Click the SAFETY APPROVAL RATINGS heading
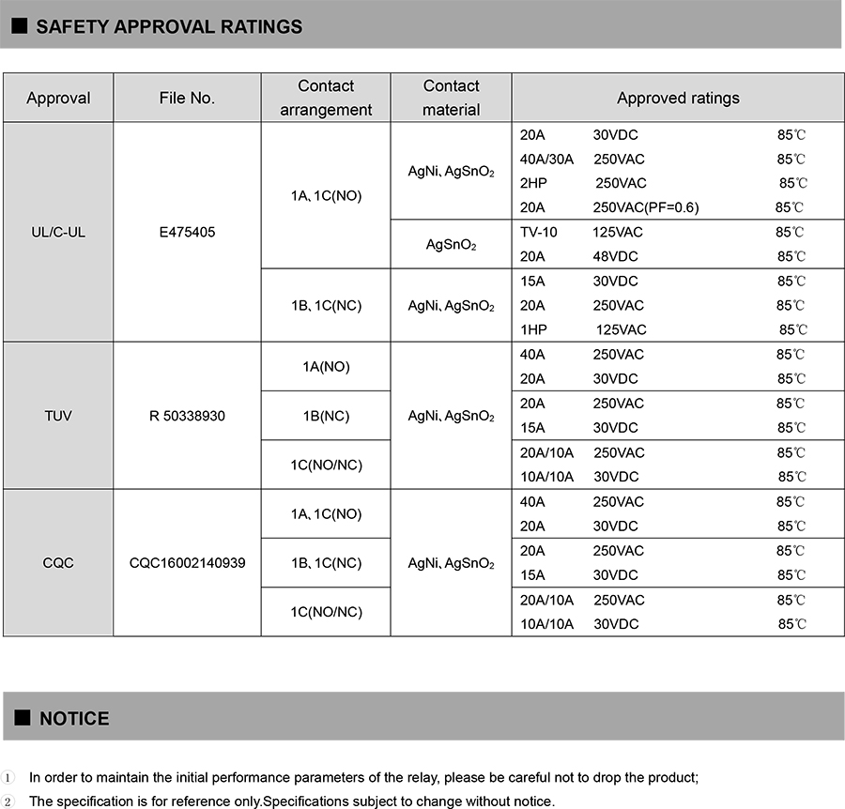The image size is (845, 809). tap(169, 26)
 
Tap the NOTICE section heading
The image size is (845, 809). tap(74, 718)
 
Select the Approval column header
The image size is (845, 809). tap(58, 98)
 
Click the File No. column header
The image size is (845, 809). tap(187, 98)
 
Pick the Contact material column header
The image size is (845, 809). tap(451, 98)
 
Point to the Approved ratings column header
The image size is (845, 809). tap(678, 98)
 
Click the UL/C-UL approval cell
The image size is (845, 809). tap(58, 232)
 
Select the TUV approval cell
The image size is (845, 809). tap(58, 416)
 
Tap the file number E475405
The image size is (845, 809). tap(187, 232)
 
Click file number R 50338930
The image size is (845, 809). tap(187, 416)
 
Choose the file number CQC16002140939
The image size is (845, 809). tap(187, 563)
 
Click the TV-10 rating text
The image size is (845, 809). tap(538, 232)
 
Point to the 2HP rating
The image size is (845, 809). tap(531, 183)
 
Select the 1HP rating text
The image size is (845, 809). tap(531, 329)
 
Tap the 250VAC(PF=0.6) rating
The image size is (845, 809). tap(646, 207)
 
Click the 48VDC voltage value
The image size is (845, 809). tap(615, 256)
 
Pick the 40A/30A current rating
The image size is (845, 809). tap(546, 159)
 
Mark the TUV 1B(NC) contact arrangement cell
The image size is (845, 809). tap(326, 416)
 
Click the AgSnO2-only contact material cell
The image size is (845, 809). tap(451, 245)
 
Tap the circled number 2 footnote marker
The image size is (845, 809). tap(8, 801)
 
